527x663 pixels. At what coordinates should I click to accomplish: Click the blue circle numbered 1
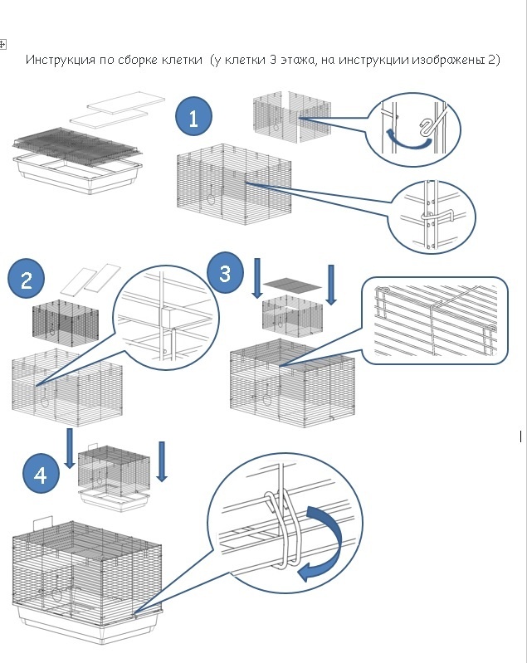click(194, 118)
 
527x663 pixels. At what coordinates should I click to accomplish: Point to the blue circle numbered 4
click(41, 475)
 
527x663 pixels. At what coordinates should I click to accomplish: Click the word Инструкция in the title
click(57, 61)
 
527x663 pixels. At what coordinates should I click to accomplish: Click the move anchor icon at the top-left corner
click(3, 43)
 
